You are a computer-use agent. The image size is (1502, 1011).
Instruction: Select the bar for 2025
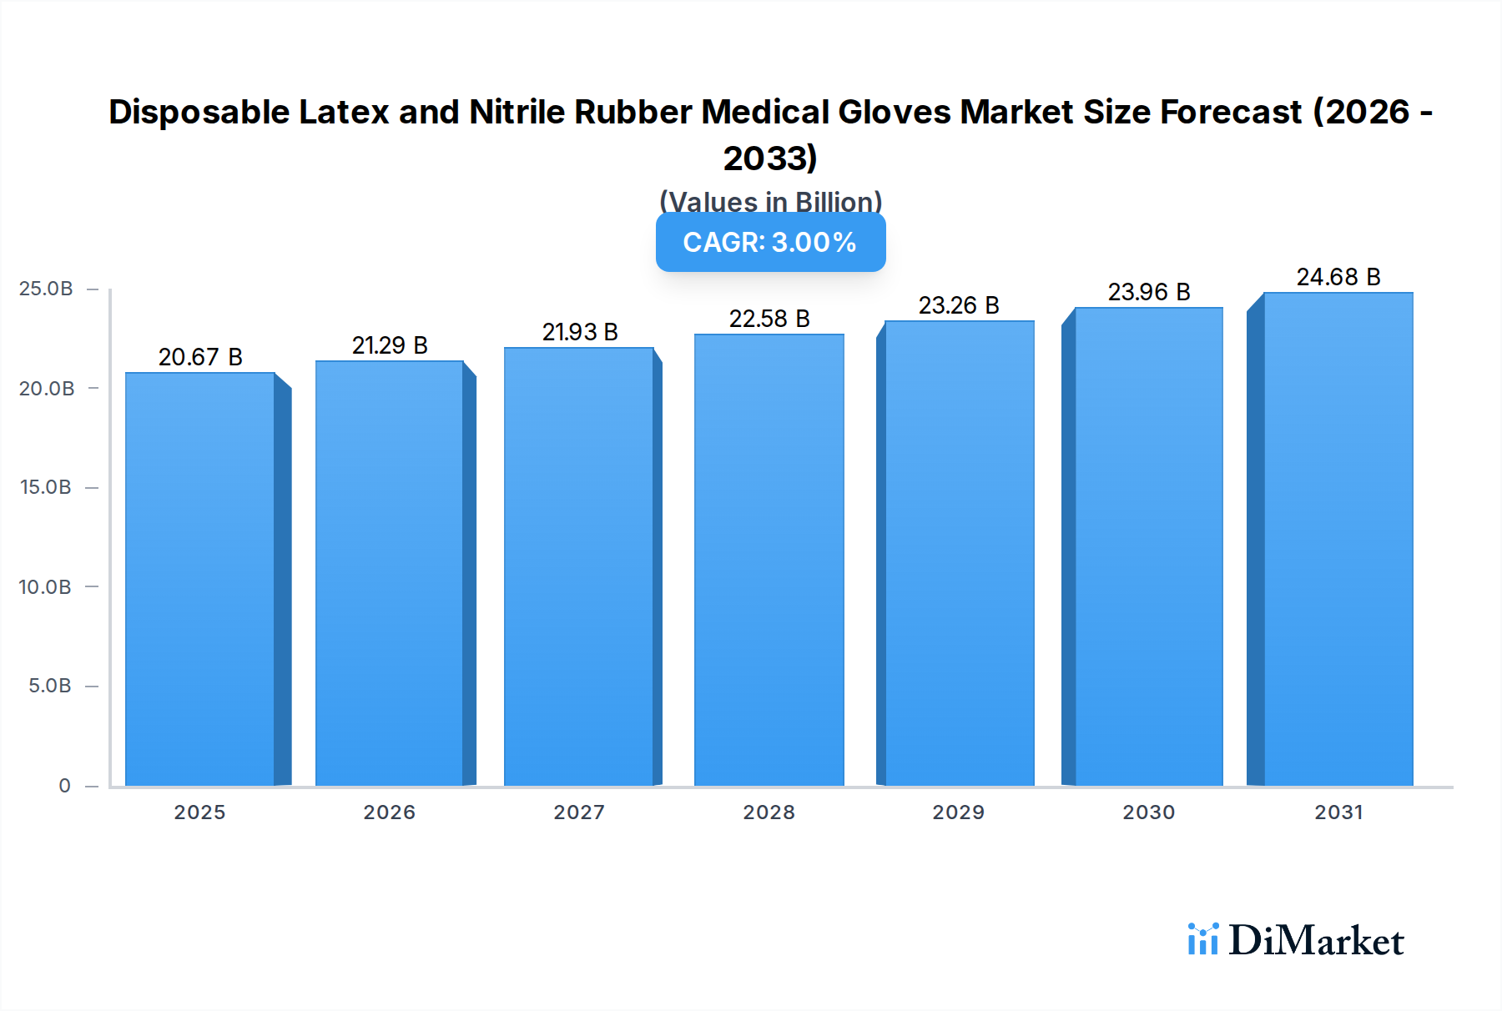point(200,580)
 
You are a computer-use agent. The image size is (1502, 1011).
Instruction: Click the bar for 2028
point(769,561)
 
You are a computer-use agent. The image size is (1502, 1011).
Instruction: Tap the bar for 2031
point(1338,539)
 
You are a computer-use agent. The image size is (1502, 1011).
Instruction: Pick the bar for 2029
point(959,553)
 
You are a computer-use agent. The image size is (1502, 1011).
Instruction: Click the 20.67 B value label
point(200,357)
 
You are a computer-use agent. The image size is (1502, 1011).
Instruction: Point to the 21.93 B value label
point(580,332)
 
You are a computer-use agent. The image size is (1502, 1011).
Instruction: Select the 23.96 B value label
point(1149,292)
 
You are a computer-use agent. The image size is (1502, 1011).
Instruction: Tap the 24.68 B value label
point(1338,277)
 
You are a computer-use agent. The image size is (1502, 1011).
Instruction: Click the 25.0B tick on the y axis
point(46,289)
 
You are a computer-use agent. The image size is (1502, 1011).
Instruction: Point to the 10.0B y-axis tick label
point(45,587)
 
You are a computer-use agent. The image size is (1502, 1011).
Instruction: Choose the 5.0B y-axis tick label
point(50,686)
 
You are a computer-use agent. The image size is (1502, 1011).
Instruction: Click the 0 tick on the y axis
point(64,786)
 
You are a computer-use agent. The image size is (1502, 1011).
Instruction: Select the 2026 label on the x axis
point(389,812)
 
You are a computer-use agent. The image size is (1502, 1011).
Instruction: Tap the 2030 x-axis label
point(1148,812)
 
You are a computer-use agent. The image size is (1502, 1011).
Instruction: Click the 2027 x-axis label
point(579,812)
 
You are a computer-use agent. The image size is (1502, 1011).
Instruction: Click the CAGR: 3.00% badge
point(770,243)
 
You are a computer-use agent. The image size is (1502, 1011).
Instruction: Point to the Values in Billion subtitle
point(770,201)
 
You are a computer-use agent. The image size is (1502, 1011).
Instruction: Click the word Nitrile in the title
point(517,112)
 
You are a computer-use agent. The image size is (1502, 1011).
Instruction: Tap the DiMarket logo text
point(1316,941)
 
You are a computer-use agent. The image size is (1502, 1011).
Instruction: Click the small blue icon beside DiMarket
point(1202,939)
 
